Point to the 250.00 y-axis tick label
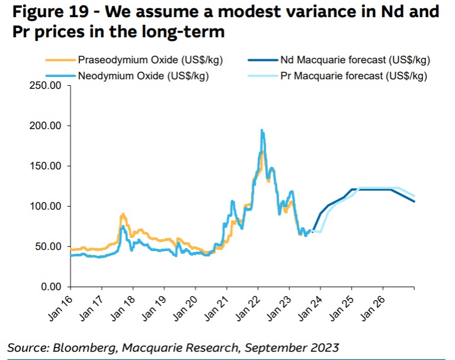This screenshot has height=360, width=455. coord(46,86)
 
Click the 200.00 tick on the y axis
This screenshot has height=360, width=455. coord(46,126)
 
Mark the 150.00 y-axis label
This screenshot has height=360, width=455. coord(46,166)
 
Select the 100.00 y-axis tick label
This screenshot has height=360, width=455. coord(46,207)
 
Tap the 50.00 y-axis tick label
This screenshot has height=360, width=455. coord(48,247)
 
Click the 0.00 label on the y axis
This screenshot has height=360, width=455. coord(50,287)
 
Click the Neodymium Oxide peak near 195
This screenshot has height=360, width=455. coord(262,130)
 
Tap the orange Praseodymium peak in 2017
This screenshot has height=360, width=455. coord(122,214)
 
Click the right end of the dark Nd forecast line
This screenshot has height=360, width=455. coord(414,201)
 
